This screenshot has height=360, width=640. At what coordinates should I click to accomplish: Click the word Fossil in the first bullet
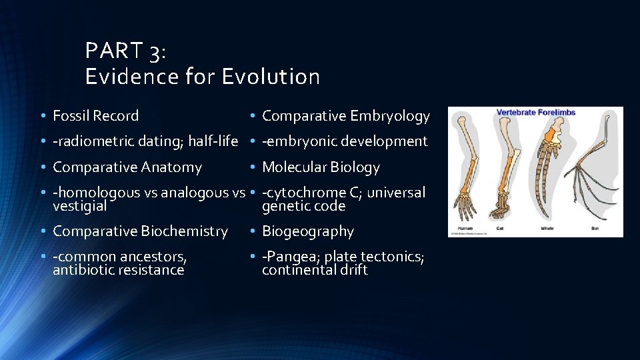point(71,116)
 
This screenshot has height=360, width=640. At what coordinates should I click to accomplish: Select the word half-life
point(213,141)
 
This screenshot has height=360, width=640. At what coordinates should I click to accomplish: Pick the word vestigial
point(79,207)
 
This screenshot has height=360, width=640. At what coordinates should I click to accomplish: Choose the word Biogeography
point(308,231)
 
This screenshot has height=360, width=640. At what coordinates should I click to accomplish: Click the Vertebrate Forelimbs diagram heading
point(536,113)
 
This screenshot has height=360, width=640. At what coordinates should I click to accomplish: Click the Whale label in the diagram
point(548,228)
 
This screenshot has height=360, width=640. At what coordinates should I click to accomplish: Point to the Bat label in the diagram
point(595,228)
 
